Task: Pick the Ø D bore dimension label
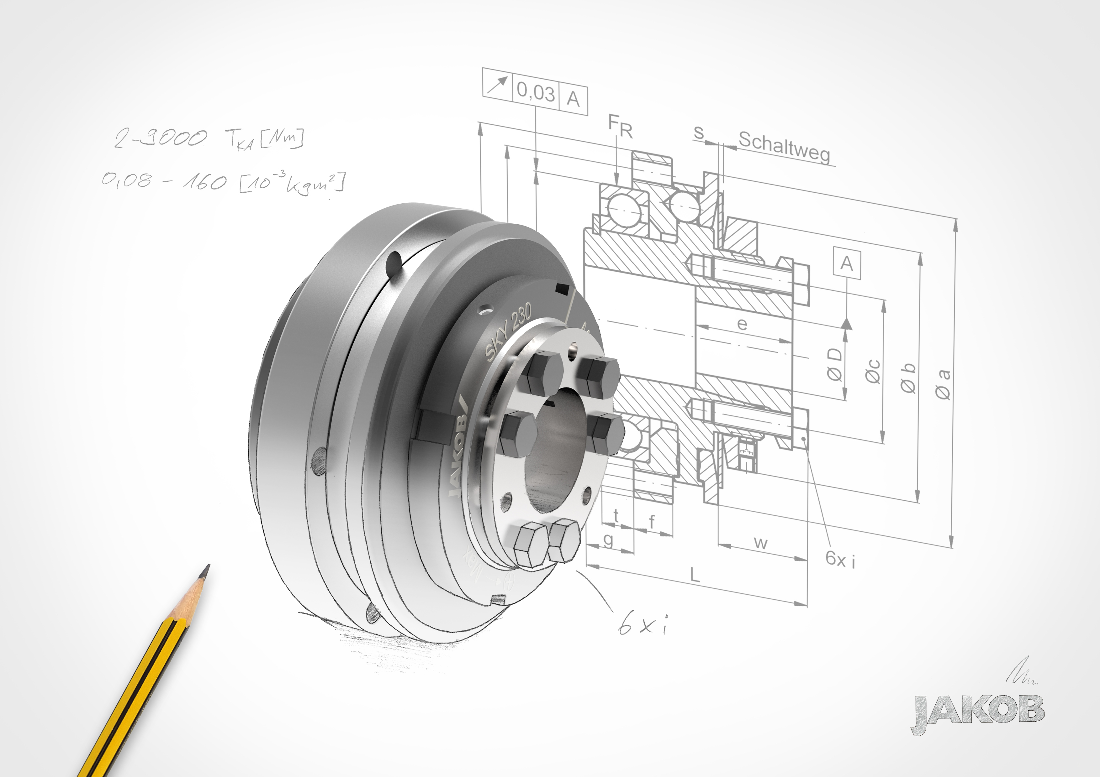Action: pos(834,364)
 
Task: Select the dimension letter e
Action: pos(742,324)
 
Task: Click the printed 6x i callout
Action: pos(840,559)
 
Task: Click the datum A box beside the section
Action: pos(847,263)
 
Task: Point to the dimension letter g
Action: pos(608,540)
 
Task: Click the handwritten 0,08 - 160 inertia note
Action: pos(223,182)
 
